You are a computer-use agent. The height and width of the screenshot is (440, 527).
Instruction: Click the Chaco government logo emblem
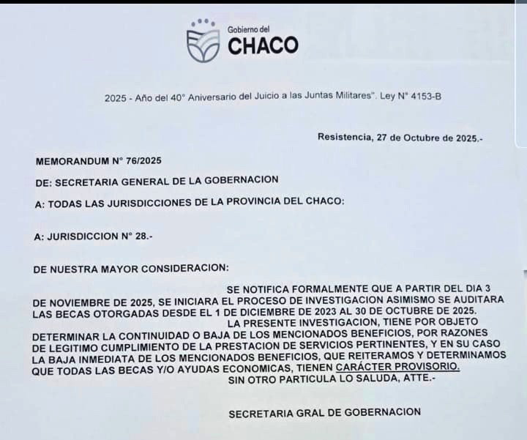[x=203, y=41]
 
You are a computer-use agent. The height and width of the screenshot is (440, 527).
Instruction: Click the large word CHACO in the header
[x=263, y=45]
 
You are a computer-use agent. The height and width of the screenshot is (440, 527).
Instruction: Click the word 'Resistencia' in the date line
[x=343, y=137]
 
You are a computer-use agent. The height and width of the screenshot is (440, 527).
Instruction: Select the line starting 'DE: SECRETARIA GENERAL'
[x=156, y=181]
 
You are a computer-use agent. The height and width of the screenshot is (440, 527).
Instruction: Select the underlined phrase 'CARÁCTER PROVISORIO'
[x=397, y=366]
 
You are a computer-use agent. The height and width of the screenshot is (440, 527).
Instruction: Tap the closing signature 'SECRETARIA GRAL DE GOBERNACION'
[x=324, y=413]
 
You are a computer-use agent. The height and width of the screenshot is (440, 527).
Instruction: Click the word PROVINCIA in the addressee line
[x=253, y=203]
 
